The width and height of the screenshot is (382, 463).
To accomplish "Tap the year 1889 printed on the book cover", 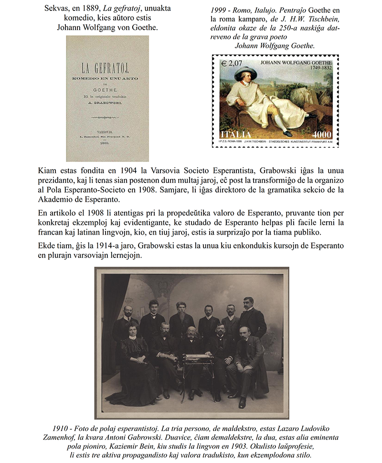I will click(107, 148).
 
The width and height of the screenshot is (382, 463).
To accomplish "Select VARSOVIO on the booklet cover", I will click(107, 130).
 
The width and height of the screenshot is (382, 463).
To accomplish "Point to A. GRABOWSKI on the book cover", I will click(107, 102).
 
